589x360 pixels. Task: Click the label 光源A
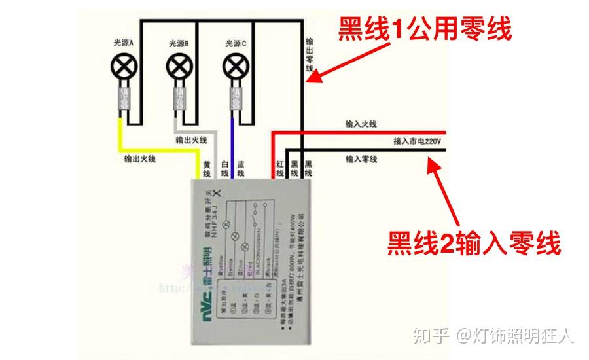123,43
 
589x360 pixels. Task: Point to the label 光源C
236,43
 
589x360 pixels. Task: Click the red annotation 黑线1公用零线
424,29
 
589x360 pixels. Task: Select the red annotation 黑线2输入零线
474,243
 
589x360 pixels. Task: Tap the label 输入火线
361,124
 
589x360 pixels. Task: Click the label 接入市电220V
418,141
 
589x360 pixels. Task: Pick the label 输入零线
361,159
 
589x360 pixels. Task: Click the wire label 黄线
207,170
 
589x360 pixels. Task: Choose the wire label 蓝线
241,170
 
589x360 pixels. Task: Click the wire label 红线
280,170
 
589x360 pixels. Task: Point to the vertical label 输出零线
310,55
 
